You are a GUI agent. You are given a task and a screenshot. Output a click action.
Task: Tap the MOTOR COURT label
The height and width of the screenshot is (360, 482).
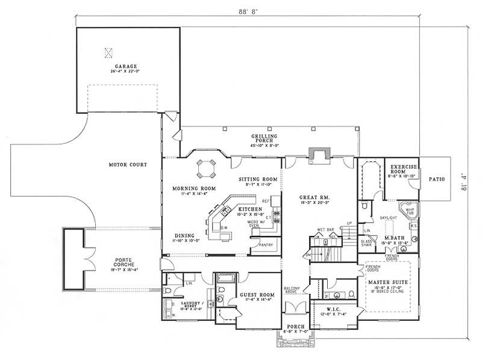(x=128, y=164)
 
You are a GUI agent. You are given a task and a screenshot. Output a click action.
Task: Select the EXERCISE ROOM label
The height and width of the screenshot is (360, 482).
(x=401, y=169)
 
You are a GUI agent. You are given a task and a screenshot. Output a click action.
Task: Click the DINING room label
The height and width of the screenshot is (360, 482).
(x=184, y=236)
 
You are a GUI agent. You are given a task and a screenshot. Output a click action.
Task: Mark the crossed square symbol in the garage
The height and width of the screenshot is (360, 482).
(x=109, y=52)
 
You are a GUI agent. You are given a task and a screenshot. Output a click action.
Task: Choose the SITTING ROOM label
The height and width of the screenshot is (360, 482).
(x=257, y=179)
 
